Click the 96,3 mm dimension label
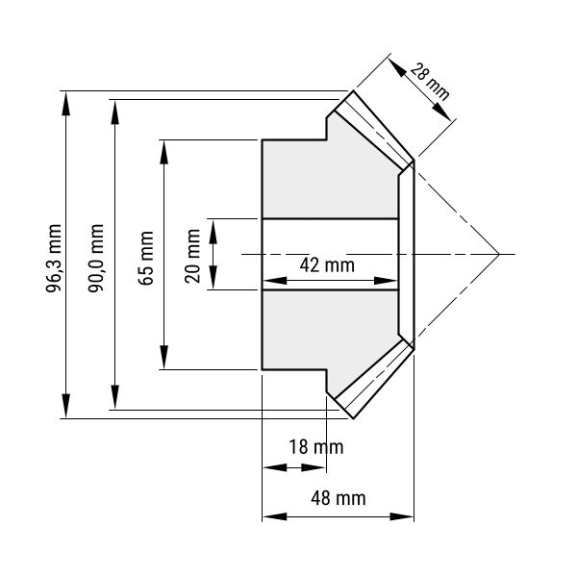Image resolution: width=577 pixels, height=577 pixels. tap(53, 258)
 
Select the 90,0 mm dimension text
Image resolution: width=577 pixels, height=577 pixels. tap(95, 258)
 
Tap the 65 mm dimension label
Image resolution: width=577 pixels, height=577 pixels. tap(146, 258)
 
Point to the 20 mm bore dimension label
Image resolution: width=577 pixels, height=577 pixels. tap(192, 256)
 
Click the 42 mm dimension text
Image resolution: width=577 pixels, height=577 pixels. tap(327, 265)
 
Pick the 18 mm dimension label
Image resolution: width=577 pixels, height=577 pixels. tap(316, 447)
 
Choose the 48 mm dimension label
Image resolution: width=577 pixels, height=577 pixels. tap(339, 498)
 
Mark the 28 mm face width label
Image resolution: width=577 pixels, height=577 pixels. tap(430, 82)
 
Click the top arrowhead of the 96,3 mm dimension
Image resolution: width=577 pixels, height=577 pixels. tap(65, 104)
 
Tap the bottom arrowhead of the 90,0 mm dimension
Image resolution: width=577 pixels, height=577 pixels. tap(115, 397)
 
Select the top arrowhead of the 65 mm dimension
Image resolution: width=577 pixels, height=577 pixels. tap(164, 152)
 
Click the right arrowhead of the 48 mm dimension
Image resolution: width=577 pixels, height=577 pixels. tap(402, 516)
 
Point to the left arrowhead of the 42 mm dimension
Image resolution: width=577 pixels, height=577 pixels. tap(274, 281)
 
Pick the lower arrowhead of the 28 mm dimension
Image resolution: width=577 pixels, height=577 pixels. tap(441, 112)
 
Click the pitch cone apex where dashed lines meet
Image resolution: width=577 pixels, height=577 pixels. tap(499, 254)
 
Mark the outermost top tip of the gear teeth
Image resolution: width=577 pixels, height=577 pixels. tap(353, 90)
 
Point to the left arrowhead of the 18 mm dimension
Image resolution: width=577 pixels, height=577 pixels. tap(274, 467)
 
